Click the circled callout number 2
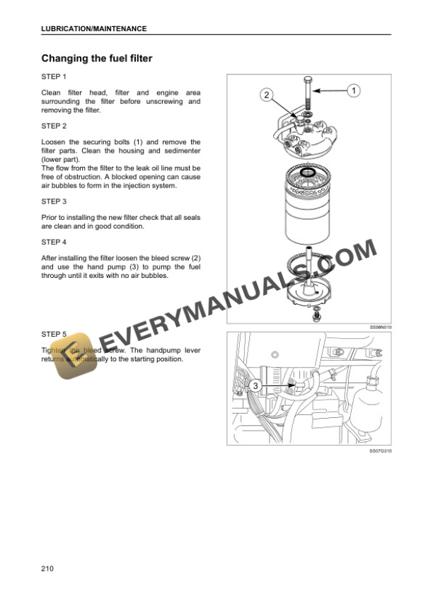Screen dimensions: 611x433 [x=266, y=94]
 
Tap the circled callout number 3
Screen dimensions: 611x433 [x=254, y=385]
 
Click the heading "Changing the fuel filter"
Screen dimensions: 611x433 [x=97, y=58]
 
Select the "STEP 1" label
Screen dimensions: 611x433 [x=54, y=76]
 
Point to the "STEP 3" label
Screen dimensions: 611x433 [x=54, y=201]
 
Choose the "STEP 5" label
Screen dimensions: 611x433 [x=54, y=333]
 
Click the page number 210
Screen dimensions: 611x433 [x=48, y=568]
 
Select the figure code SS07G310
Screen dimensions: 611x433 [x=380, y=450]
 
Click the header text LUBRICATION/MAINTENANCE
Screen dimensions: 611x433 [x=94, y=28]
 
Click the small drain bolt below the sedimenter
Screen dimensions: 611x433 [x=316, y=309]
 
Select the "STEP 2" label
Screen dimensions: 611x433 [x=54, y=126]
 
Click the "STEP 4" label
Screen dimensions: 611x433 [x=54, y=242]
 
